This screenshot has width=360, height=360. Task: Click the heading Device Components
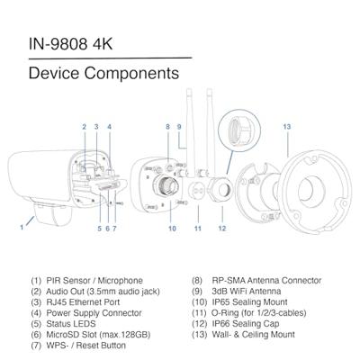click(96, 71)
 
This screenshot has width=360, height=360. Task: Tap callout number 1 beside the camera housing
click(21, 228)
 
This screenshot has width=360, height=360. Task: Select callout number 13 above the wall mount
click(287, 127)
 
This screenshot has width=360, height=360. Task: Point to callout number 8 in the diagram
click(167, 127)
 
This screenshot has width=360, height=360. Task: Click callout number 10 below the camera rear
click(171, 229)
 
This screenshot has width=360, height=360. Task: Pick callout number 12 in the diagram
click(221, 229)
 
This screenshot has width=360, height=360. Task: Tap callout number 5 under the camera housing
click(99, 229)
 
